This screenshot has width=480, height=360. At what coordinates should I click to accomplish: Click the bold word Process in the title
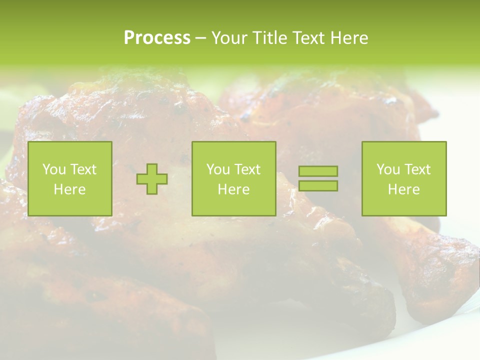point(157,38)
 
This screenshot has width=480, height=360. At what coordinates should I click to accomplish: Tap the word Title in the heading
point(270,38)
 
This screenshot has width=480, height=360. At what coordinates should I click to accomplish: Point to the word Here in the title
point(349,38)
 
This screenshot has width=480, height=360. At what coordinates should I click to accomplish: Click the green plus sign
point(152,179)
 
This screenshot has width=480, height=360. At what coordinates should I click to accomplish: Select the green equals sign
point(318,178)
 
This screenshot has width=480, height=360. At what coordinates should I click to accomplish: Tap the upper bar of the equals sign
point(318,171)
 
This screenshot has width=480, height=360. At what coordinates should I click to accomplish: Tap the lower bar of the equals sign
point(318,185)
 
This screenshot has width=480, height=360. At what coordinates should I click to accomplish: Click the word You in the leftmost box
point(54,169)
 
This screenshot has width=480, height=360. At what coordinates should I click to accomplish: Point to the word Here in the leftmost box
point(70,189)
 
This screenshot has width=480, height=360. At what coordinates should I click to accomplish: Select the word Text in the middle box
point(247,169)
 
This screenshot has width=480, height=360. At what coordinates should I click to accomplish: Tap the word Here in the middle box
point(234,189)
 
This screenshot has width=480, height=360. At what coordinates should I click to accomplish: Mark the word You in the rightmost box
point(388,169)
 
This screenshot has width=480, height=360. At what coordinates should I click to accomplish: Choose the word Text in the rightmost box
point(417,169)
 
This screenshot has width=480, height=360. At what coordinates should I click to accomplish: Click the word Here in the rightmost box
point(404,189)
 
